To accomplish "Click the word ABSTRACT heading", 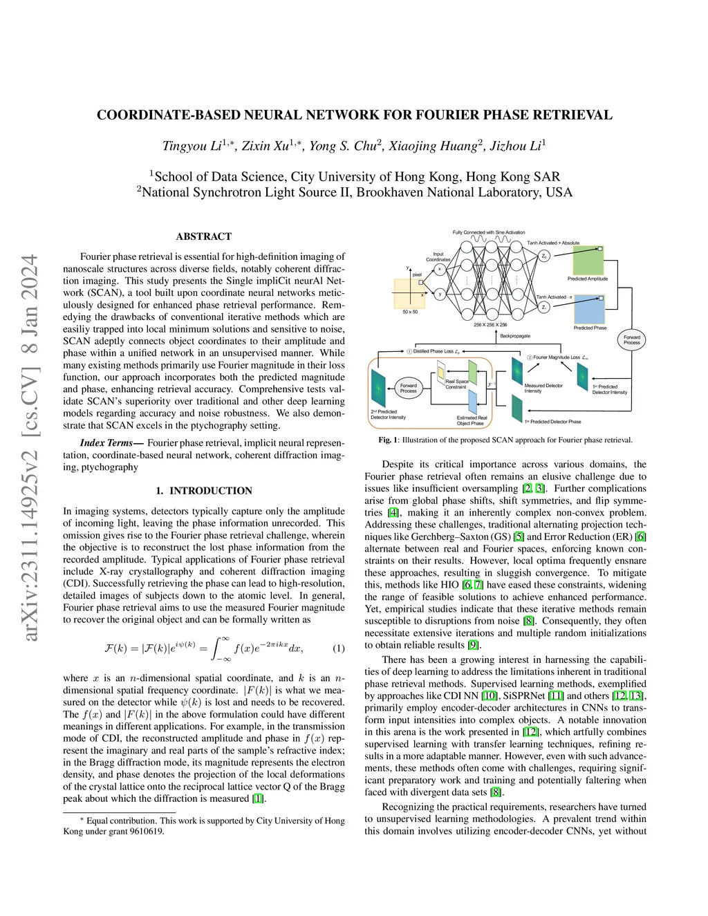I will tap(203, 236).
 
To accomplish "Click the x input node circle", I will tap(440, 270).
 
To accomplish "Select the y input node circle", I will tap(440, 294).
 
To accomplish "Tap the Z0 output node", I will tap(545, 256).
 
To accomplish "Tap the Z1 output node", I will tap(545, 307).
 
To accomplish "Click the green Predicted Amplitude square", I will tap(588, 261).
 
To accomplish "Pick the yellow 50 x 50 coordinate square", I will tap(409, 293).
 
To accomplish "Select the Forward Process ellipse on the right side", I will tap(631, 339).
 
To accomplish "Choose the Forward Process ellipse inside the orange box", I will tap(409, 388).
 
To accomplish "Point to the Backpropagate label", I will tap(515, 336).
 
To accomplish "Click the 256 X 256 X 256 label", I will tap(490, 324).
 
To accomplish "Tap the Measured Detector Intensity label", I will tap(543, 388).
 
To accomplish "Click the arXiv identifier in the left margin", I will tap(30, 448).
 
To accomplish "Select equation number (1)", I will tap(339, 648).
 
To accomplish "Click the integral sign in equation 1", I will tap(223, 648).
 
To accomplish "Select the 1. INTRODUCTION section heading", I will tap(204, 491).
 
